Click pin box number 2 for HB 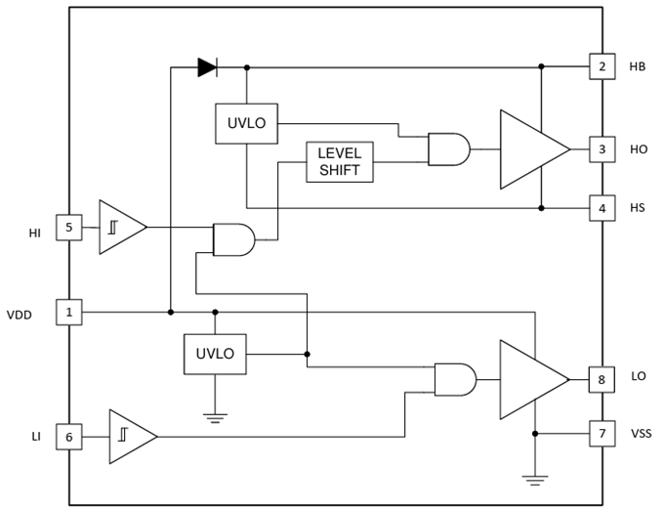[602, 66]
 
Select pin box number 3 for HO [602, 149]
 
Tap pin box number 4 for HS [602, 207]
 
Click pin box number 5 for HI [67, 228]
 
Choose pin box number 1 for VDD [67, 313]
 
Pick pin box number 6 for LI [67, 437]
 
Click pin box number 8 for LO [602, 377]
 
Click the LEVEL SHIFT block [339, 162]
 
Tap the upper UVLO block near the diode [247, 123]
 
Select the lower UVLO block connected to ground [216, 353]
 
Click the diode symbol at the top [207, 66]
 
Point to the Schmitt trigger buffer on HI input [120, 228]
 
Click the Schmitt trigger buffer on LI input [131, 437]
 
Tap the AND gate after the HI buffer [233, 239]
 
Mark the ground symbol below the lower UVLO [216, 417]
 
